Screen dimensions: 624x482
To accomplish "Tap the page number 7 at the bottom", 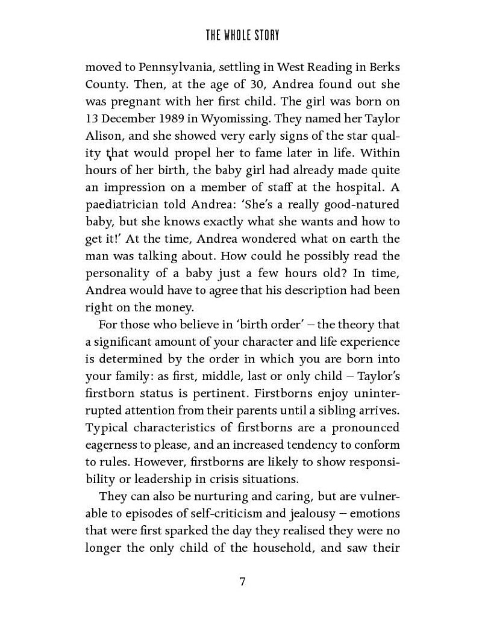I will click(242, 582).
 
